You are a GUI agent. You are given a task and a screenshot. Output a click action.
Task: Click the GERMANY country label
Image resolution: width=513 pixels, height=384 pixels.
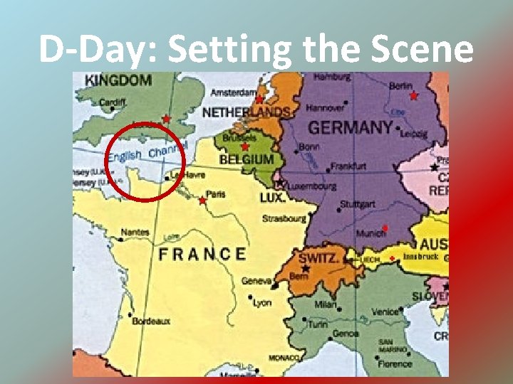350,128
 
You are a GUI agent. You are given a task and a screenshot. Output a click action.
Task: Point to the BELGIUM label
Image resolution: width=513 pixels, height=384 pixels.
247,161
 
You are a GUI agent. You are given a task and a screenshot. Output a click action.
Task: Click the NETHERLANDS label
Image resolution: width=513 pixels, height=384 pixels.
246,112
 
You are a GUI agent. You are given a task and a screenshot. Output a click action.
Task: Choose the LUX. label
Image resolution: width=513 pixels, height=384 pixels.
272,196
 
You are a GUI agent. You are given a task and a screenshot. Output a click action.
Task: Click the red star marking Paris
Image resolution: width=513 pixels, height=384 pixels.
202,201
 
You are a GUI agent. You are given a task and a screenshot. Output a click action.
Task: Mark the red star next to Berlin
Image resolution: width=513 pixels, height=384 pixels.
413,95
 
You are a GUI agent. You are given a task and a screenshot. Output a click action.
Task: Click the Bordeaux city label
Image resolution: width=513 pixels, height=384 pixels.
151,321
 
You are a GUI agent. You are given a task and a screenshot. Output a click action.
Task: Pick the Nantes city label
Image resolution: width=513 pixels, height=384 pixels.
135,233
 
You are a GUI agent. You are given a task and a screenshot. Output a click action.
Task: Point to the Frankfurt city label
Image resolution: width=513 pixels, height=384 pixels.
349,166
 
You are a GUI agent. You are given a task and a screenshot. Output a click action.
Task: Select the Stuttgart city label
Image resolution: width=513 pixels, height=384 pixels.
356,203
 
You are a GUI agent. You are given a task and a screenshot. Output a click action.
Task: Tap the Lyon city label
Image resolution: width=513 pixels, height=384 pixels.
262,303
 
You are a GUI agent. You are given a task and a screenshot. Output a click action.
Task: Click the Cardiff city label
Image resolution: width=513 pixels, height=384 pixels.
113,102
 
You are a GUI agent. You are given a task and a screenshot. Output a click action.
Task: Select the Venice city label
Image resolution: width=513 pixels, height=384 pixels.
385,311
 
